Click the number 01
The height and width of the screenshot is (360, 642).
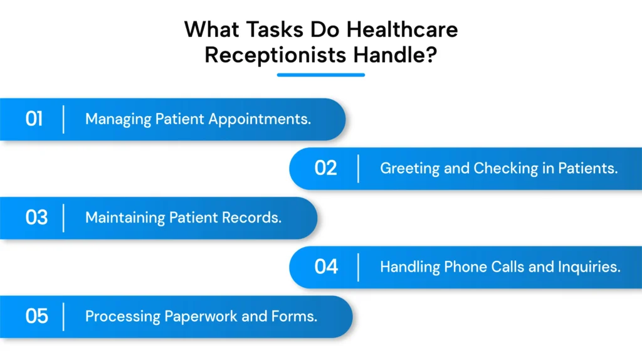coord(34,119)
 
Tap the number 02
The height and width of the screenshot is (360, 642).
coord(325,168)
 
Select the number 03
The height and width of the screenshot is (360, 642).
coord(36,218)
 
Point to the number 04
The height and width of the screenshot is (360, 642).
coord(326,267)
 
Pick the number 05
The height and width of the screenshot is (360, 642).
coord(36,316)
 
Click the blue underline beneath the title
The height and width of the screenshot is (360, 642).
coord(320,75)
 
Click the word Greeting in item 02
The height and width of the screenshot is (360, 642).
coord(404,168)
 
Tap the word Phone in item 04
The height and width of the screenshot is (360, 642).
coord(467,267)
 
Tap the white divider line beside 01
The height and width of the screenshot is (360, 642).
coord(63,119)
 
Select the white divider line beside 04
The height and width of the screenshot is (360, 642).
coord(358,267)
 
